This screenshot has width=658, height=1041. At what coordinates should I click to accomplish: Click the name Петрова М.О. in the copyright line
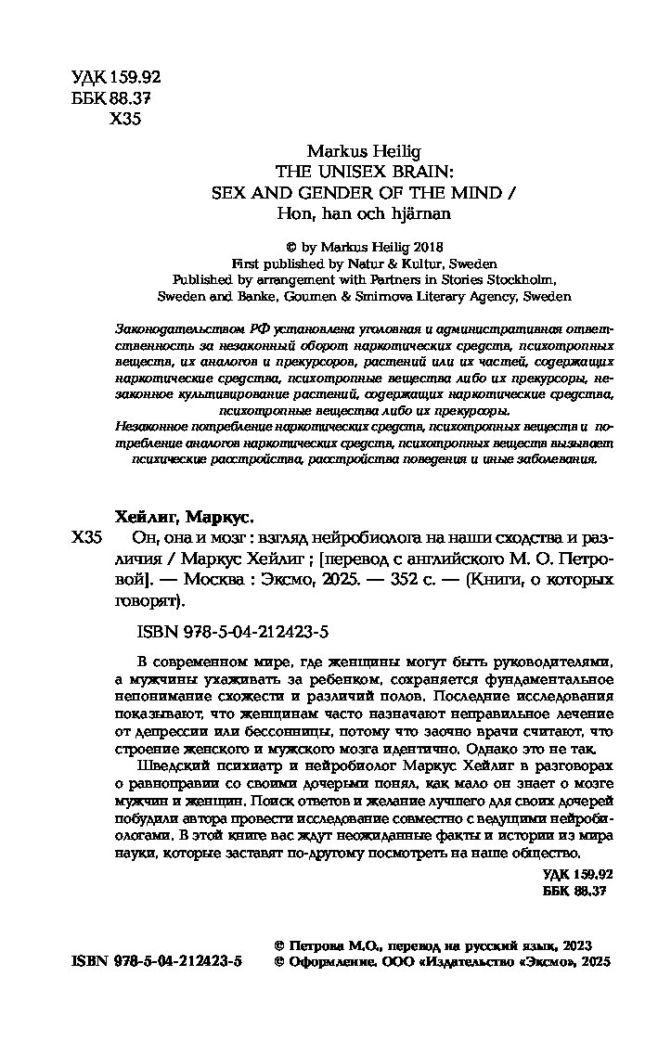[336, 945]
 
